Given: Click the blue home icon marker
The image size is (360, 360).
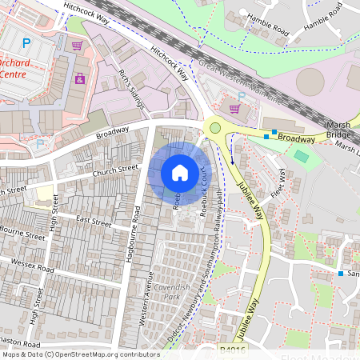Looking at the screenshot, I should tap(180, 173).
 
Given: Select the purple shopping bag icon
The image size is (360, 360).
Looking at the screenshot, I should tap(80, 78).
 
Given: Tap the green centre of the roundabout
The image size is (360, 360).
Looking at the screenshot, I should tap(214, 128).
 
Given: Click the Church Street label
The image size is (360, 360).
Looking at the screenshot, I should tap(115, 170).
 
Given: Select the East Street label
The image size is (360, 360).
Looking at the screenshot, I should tap(94, 221).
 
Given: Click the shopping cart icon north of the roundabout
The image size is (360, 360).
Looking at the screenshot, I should tap(234, 109).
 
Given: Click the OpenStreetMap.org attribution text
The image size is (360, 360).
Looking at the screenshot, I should tap(106, 354).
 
